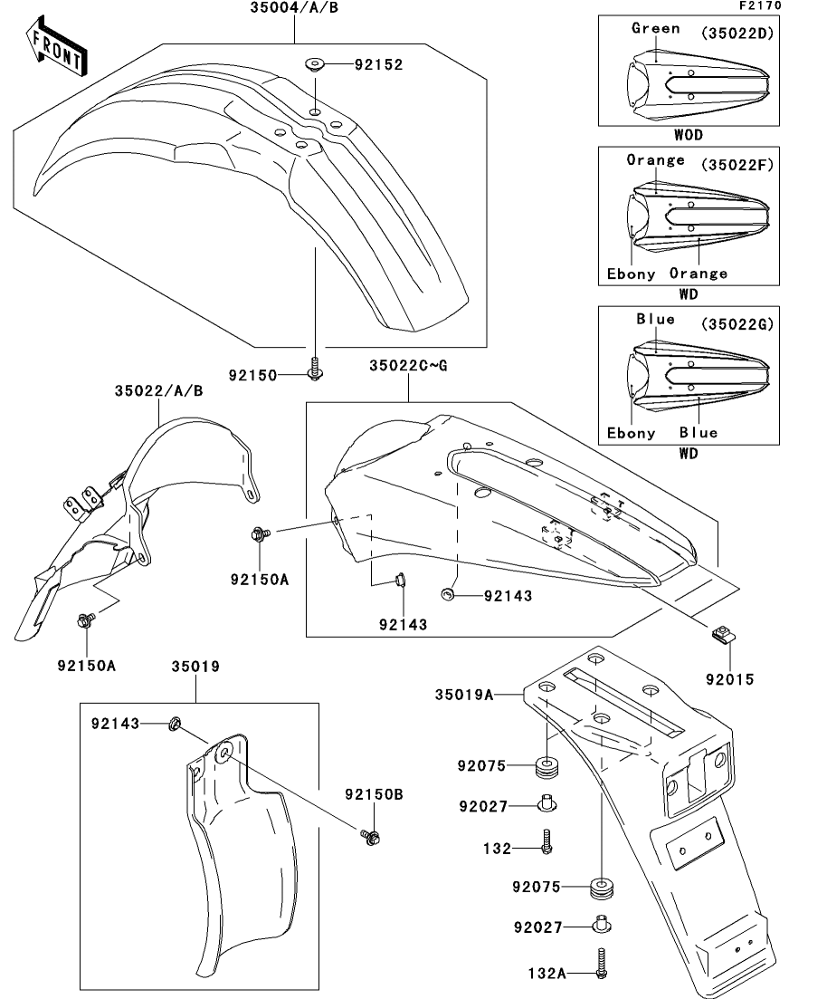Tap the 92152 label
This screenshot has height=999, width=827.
pyautogui.click(x=378, y=65)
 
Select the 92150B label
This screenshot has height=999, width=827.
pyautogui.click(x=374, y=793)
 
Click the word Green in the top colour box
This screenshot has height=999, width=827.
pyautogui.click(x=655, y=28)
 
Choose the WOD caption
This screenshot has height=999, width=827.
pyautogui.click(x=689, y=135)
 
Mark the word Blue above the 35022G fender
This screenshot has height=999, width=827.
pyautogui.click(x=655, y=319)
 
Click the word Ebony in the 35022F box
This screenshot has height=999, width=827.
pyautogui.click(x=630, y=274)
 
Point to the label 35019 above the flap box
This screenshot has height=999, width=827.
pyautogui.click(x=195, y=668)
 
